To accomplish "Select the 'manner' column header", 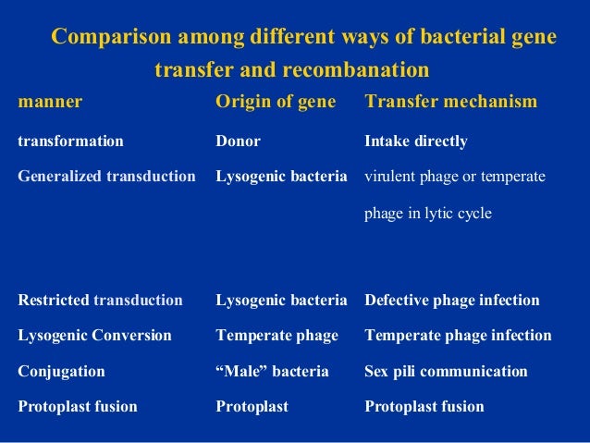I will (x=50, y=102).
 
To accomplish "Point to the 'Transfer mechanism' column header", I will (x=451, y=102).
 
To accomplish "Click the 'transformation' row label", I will (x=70, y=142).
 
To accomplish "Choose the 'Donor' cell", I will (x=238, y=142).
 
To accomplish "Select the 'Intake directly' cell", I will (x=416, y=142).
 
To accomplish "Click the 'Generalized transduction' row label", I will (x=106, y=176).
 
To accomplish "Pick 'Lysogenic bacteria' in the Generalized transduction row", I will (x=281, y=176).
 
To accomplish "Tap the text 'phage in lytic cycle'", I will (x=428, y=213).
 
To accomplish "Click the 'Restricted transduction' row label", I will (x=100, y=301).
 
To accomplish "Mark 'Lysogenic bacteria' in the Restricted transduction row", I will (x=281, y=301).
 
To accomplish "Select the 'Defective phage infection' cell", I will (x=452, y=301).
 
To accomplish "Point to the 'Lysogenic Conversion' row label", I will (x=94, y=336).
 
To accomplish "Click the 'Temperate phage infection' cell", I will (x=458, y=336).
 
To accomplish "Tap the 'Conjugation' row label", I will (x=61, y=372).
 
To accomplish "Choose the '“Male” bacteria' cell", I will (x=272, y=372).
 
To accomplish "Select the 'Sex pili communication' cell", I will (x=446, y=372).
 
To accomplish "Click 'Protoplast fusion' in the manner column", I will (x=78, y=407).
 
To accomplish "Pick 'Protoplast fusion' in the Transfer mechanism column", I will (x=424, y=407).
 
